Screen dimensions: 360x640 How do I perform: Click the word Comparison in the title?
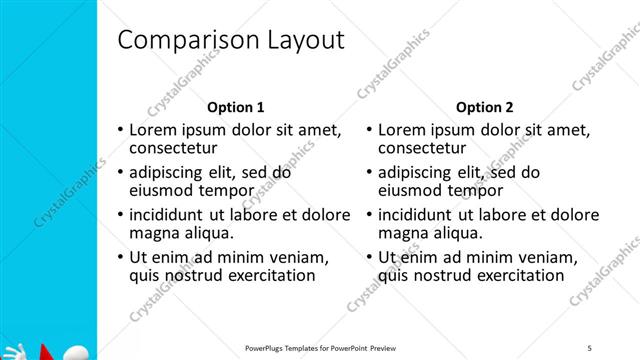(x=184, y=41)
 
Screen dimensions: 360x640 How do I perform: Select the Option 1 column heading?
(x=235, y=107)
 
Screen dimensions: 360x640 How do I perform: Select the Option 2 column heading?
(x=485, y=107)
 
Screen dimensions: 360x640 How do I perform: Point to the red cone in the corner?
(x=43, y=352)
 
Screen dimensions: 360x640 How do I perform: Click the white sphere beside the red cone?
(x=75, y=351)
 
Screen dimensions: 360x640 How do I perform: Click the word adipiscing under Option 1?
(x=170, y=171)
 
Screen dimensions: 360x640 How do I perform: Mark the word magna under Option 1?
(x=153, y=232)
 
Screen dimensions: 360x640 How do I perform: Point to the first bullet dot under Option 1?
(x=121, y=130)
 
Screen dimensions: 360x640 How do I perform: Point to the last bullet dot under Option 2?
(x=369, y=257)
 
